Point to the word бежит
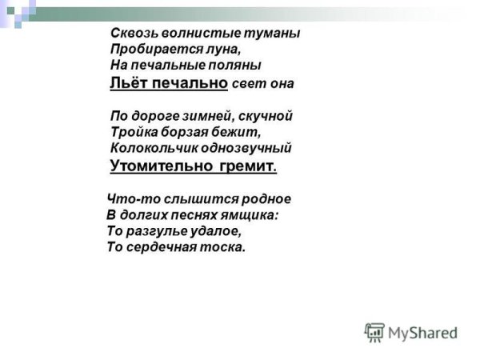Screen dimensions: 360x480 (239, 132)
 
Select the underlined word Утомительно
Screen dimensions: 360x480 (160, 166)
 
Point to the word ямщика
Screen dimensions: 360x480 (249, 214)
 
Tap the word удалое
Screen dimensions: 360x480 (214, 230)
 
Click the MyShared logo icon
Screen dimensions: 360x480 (374, 332)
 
